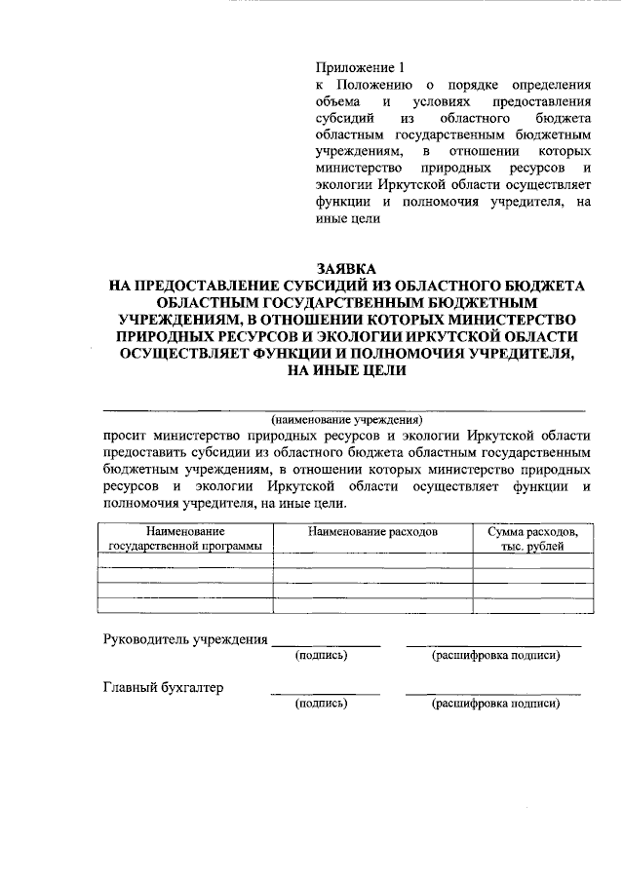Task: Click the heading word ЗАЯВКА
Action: coord(345,268)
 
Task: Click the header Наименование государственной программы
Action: coord(185,539)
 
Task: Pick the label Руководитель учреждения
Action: coord(185,639)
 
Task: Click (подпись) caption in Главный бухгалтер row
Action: coord(322,703)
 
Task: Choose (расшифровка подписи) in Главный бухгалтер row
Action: coord(495,703)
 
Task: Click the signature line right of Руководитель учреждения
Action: coord(326,645)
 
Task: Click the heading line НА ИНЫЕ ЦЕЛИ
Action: coord(345,370)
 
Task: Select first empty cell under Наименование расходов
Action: coord(372,561)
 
